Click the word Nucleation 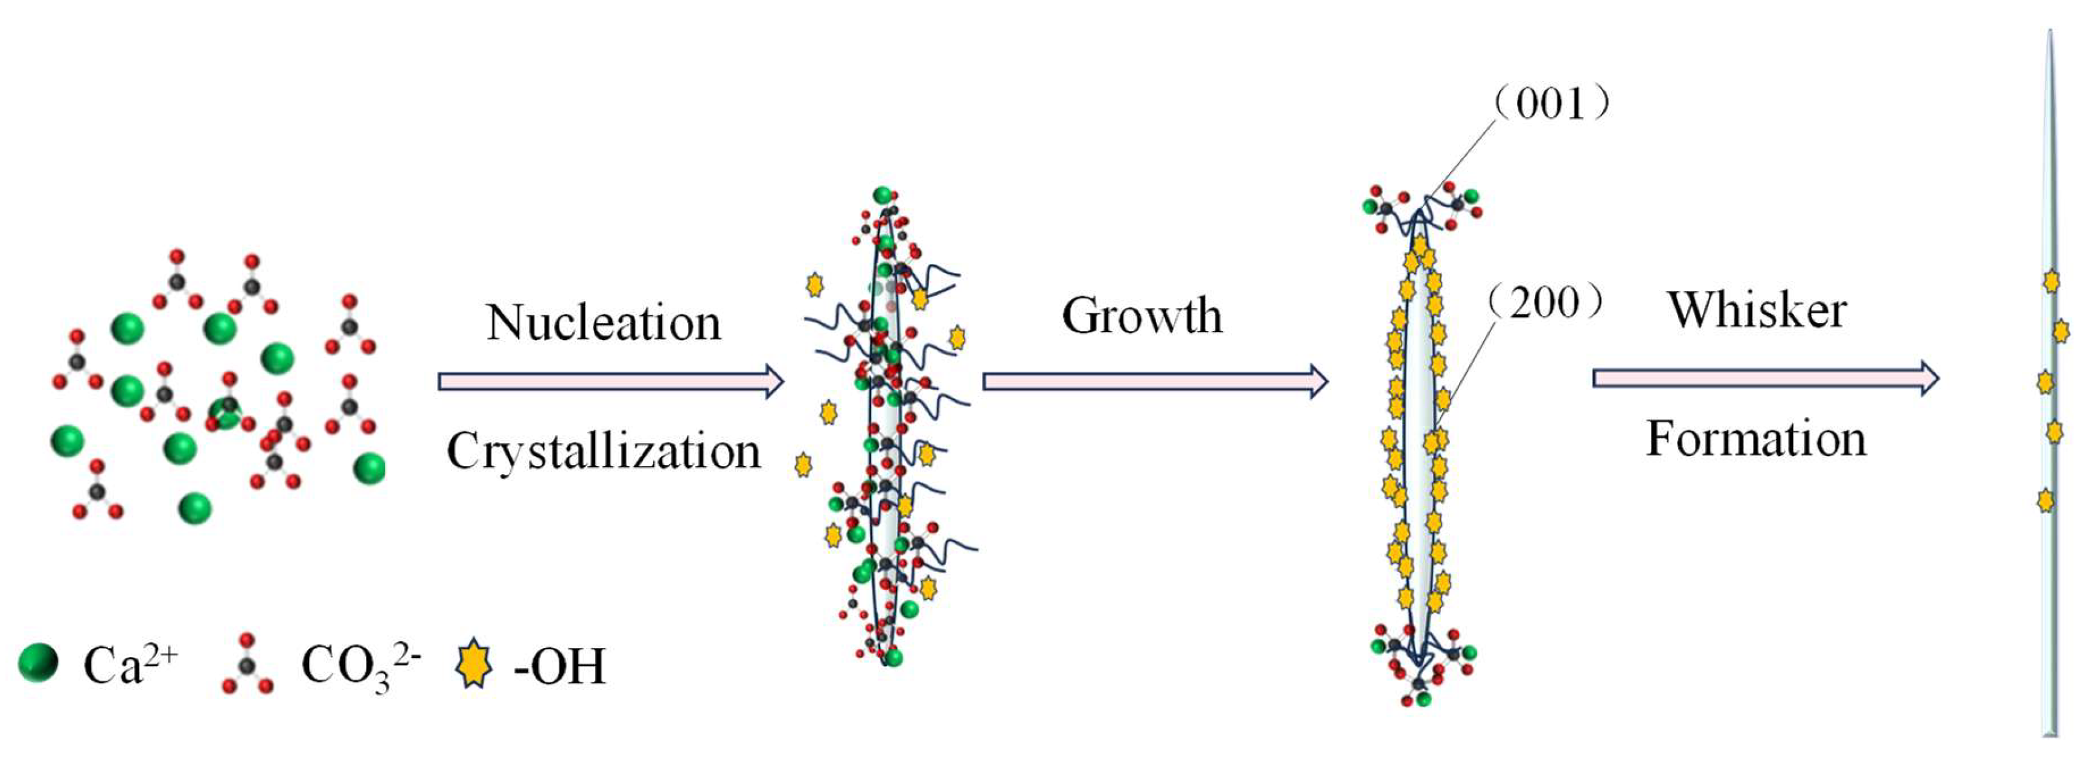click(603, 323)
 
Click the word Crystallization click(603, 451)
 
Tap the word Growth click(1142, 315)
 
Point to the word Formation click(1756, 440)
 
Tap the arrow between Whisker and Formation click(1765, 378)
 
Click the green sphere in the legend click(38, 664)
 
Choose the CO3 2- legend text click(360, 667)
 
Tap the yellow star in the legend click(474, 664)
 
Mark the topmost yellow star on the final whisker click(2051, 281)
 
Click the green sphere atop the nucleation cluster click(883, 195)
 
